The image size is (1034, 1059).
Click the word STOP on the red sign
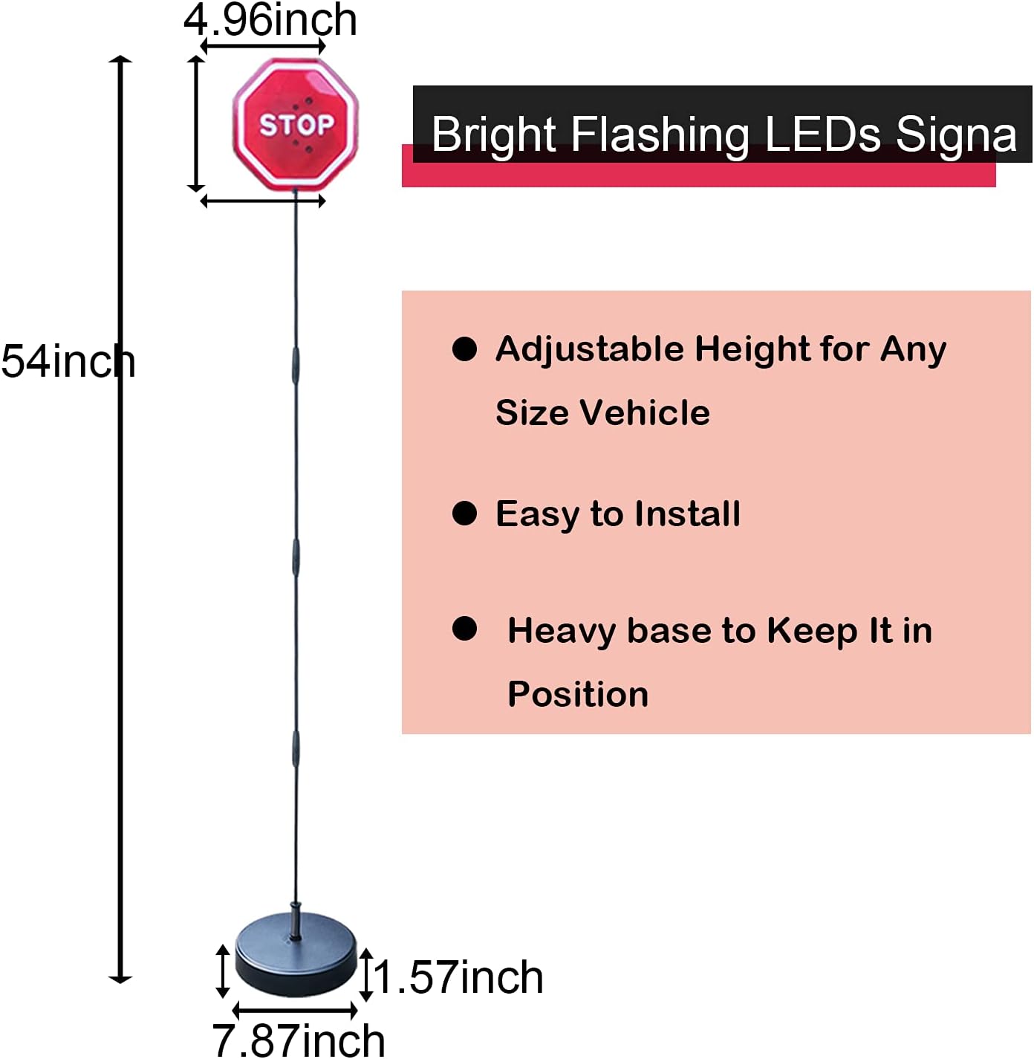coord(296,125)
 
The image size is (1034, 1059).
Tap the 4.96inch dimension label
coord(270,20)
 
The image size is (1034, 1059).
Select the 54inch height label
coord(68,362)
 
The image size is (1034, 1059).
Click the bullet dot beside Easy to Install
coord(464,513)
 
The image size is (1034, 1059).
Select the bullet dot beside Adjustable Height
coord(464,349)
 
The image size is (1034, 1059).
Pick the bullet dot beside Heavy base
coord(464,629)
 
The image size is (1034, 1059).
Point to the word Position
coord(578,694)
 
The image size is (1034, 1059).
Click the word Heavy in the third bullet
coord(562,630)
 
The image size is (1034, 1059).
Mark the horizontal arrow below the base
coord(296,1011)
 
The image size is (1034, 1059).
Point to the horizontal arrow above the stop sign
coord(263,46)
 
